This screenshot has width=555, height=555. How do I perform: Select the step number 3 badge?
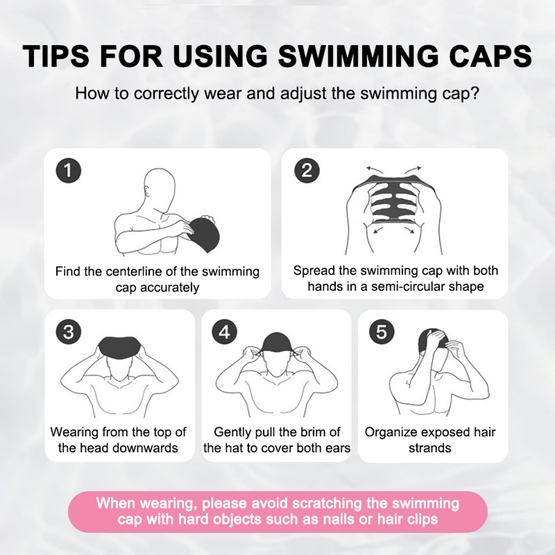(69, 332)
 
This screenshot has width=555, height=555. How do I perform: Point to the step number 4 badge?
(225, 332)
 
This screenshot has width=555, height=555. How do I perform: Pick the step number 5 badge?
(382, 332)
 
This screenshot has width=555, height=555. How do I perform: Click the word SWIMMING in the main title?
(358, 55)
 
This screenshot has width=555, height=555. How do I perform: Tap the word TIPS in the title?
(56, 55)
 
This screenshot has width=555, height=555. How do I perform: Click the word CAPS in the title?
(490, 55)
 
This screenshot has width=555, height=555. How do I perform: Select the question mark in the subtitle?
(475, 93)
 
